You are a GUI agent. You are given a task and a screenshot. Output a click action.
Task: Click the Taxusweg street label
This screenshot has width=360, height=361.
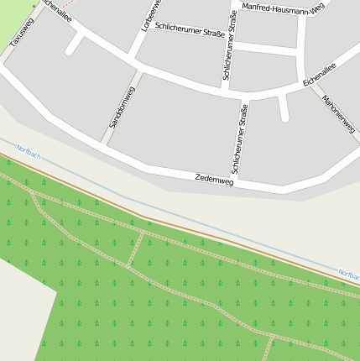(22, 31)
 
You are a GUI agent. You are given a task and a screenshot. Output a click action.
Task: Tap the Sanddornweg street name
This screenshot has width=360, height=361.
(117, 109)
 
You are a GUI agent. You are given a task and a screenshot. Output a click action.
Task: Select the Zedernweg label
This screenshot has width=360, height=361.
(213, 179)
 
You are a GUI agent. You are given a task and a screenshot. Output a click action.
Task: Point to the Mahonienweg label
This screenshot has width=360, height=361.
(338, 113)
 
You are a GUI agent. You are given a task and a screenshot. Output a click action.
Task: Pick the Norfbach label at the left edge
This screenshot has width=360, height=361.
(28, 150)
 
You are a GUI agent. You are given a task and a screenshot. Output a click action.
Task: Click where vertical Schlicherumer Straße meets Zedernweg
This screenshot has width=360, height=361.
(236, 184)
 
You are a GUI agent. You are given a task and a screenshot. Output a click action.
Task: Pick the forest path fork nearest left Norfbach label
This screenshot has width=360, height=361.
(33, 192)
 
